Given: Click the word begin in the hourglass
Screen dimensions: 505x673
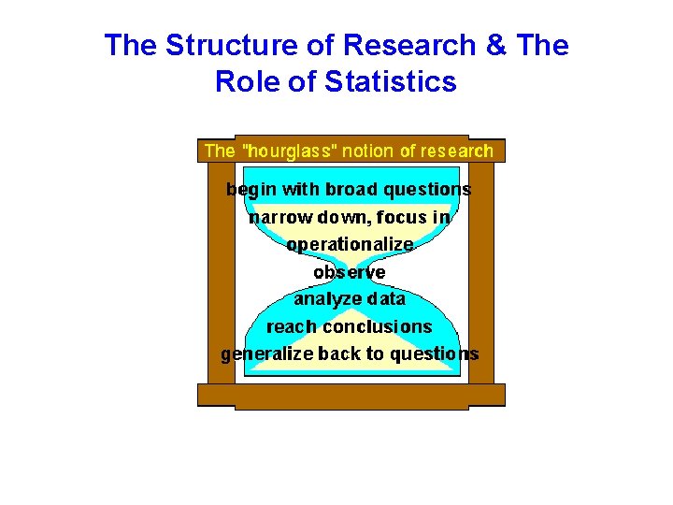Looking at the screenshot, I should point(251,190).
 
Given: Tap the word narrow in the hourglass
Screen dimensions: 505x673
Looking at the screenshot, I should point(279,218).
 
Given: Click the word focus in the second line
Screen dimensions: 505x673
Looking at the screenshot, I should point(403,218).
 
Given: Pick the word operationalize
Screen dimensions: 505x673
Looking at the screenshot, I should point(350,245).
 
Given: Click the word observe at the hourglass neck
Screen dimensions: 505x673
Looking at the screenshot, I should point(350,272).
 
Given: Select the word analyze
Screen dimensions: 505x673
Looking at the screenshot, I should point(328,299).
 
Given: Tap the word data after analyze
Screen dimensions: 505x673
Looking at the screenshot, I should point(387,299).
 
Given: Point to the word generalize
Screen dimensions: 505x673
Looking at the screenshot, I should point(265,354).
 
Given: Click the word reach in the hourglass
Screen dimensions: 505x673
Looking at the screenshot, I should point(291,326).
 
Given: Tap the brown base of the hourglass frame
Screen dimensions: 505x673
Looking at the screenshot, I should point(351,396).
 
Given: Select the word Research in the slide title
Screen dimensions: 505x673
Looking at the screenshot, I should point(407,45).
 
